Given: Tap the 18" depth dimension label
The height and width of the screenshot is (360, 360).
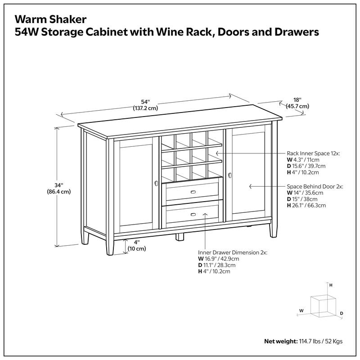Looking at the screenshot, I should click(x=297, y=103).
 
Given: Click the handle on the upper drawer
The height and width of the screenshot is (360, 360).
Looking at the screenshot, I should click(x=193, y=193).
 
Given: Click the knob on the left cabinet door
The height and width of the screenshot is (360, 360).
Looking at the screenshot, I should click(x=156, y=183).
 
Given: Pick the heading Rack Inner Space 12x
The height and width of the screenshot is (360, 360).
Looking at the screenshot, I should click(x=314, y=153).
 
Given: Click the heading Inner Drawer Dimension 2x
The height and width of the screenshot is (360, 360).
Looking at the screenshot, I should click(x=232, y=252).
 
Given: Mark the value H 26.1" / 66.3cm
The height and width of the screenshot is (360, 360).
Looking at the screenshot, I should click(x=306, y=205).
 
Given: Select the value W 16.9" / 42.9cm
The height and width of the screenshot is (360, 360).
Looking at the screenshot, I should click(x=219, y=259).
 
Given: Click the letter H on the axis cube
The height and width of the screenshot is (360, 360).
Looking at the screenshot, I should click(x=331, y=285).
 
